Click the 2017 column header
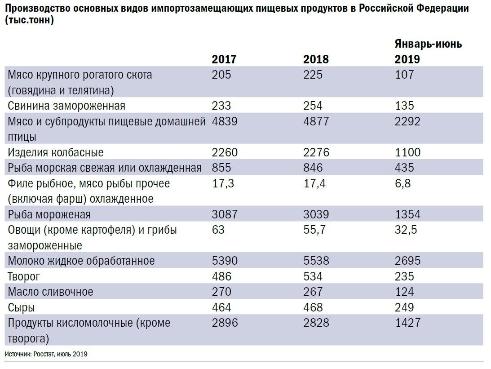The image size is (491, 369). (224, 59)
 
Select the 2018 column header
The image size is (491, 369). (316, 59)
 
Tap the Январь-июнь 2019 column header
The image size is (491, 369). (428, 52)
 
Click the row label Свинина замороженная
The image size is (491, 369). (66, 106)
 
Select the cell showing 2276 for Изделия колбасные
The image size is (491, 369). (316, 152)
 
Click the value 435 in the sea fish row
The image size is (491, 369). (404, 168)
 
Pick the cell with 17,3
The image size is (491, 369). (222, 183)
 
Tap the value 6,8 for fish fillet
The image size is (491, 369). (402, 183)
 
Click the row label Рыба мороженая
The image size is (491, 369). (49, 214)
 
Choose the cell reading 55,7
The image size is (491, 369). (314, 230)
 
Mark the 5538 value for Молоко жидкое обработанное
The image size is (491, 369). (316, 261)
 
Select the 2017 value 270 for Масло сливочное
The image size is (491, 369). (221, 292)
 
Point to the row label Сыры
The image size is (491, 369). (21, 307)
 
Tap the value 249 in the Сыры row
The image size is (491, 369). (404, 307)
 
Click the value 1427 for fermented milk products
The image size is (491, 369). (407, 323)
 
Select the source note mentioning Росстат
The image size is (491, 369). (46, 354)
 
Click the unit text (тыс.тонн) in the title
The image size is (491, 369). (31, 21)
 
